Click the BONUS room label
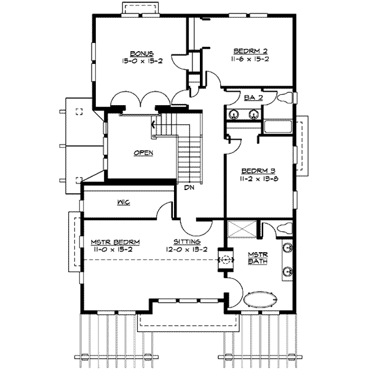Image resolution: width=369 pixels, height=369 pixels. point(141,53)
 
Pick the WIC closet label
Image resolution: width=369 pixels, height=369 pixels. point(122,202)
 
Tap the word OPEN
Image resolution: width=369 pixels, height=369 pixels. point(143,153)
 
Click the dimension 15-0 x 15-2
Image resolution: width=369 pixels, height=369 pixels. point(141,61)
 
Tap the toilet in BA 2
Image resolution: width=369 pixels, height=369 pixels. point(287,98)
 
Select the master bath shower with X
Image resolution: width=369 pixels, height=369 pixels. point(242,229)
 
